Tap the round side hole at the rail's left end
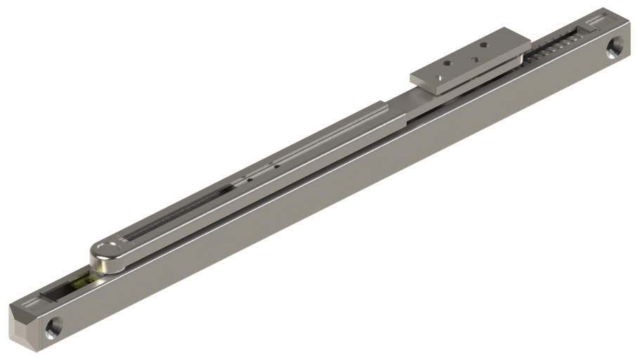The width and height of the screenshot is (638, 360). click(x=52, y=326)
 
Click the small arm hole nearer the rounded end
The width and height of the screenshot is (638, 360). click(x=249, y=179)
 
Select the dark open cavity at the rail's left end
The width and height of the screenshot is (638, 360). click(x=56, y=292)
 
